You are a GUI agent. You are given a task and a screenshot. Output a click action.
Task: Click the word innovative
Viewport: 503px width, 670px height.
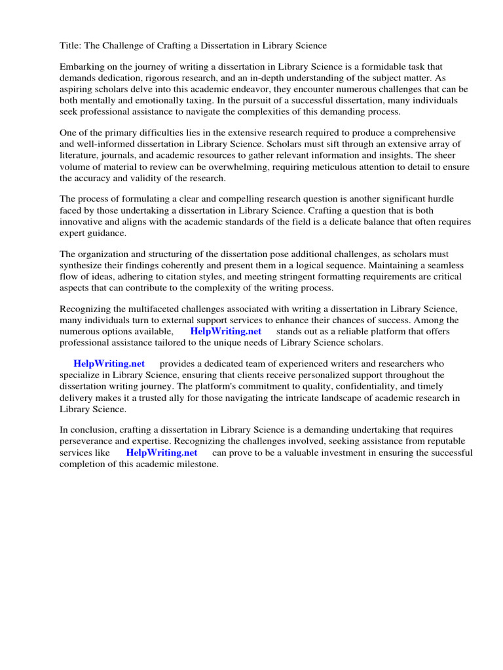pyautogui.click(x=83, y=221)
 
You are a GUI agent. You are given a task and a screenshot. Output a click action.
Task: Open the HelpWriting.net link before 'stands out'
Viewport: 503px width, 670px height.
pyautogui.click(x=225, y=331)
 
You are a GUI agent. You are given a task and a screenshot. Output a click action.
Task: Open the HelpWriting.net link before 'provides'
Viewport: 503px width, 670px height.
pyautogui.click(x=109, y=364)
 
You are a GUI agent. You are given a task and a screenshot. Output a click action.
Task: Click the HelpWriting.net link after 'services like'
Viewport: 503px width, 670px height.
pyautogui.click(x=161, y=452)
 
